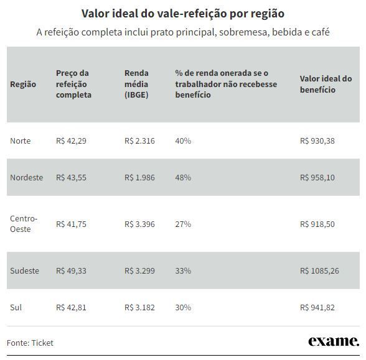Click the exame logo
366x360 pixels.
334,341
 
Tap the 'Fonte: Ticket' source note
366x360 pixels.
30,343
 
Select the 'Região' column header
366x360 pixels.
23,84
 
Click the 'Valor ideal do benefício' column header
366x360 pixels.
326,84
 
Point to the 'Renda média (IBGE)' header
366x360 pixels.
136,84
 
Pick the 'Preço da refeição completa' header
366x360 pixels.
73,84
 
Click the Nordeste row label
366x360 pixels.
26,177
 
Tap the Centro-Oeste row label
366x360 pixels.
24,224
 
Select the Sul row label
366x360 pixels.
16,307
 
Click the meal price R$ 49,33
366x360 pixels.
71,270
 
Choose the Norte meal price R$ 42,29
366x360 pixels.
71,141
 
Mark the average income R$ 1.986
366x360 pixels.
139,177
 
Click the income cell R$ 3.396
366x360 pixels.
139,224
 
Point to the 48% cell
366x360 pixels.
183,177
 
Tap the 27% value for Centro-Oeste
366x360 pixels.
183,224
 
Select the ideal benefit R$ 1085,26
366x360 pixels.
319,270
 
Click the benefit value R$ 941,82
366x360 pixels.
317,307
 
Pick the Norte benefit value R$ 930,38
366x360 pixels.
317,141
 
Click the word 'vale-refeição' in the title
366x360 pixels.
192,14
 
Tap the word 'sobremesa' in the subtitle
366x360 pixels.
244,32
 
